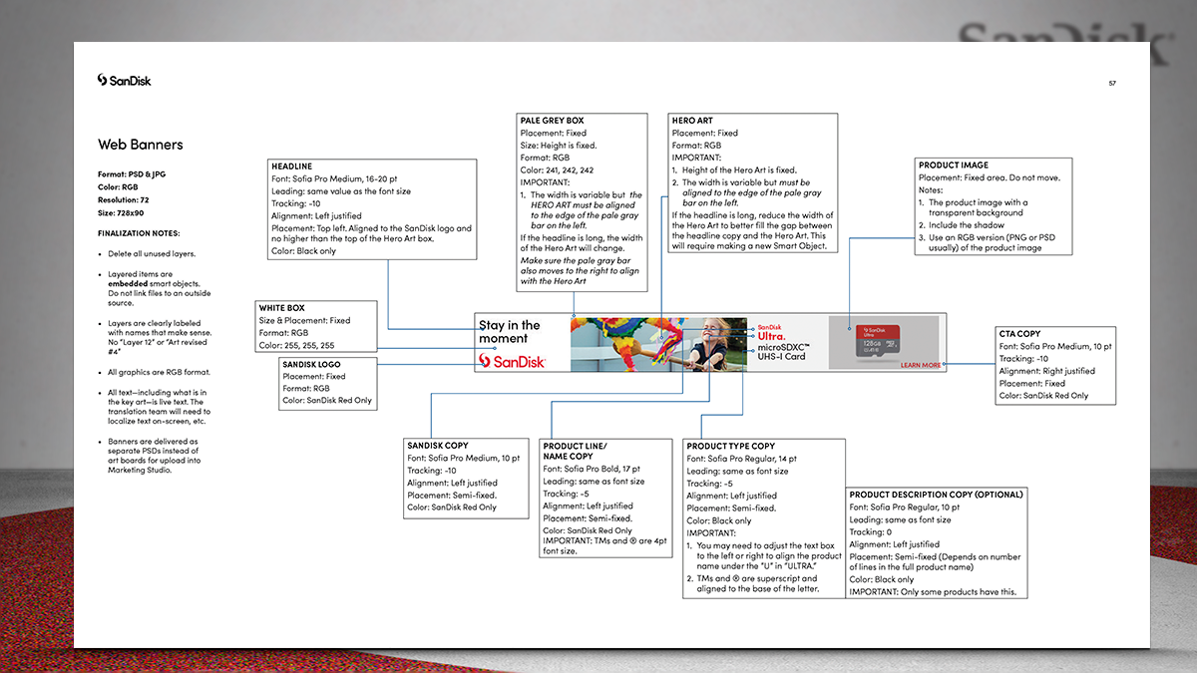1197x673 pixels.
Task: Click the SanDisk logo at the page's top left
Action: (125, 80)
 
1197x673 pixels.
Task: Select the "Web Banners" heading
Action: (141, 145)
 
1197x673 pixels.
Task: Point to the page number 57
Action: (1111, 83)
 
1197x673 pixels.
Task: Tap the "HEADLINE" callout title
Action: (291, 167)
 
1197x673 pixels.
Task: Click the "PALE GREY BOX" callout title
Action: (552, 121)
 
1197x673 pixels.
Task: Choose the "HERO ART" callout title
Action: (692, 121)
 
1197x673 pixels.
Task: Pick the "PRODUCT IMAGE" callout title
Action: (954, 166)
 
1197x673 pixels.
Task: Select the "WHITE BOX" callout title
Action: (281, 308)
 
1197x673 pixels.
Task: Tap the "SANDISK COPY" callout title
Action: (437, 446)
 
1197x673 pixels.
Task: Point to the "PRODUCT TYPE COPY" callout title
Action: (731, 446)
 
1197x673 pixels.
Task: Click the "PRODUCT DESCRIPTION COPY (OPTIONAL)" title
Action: (936, 494)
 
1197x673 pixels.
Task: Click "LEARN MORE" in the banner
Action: (920, 365)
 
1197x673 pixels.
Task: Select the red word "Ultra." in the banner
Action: (772, 336)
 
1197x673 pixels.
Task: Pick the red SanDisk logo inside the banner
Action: (512, 361)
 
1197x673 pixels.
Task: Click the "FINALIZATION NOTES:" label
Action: (139, 233)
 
